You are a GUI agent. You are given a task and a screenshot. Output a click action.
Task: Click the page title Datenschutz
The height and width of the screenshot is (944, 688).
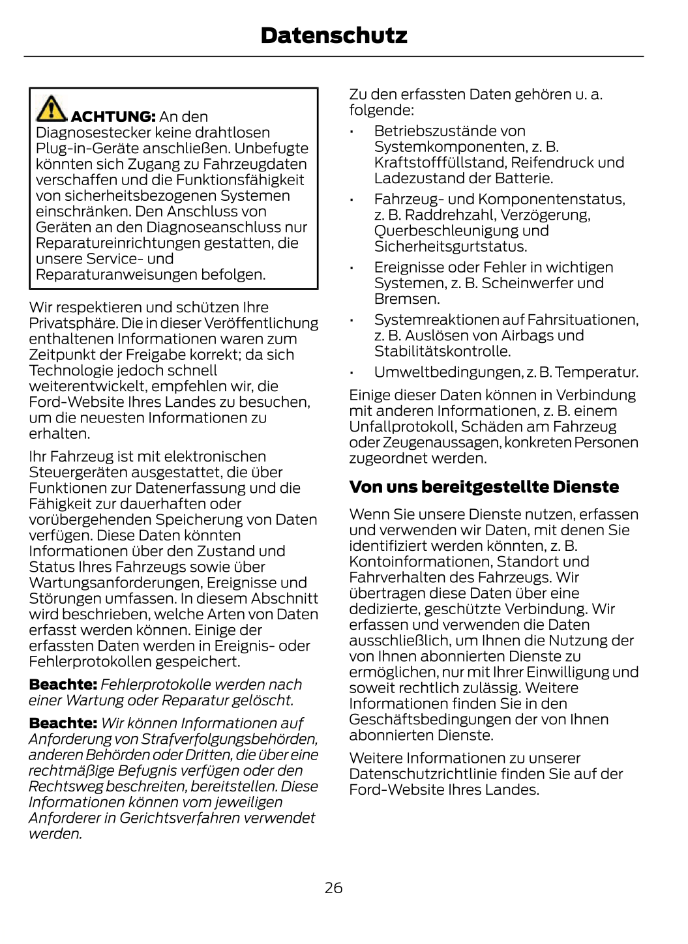(333, 35)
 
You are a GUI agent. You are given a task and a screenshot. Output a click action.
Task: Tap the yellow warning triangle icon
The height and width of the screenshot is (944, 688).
(51, 109)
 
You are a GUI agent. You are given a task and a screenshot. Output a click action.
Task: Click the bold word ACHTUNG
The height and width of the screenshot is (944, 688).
(112, 117)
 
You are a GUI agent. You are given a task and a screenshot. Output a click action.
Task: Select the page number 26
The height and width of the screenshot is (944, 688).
(333, 888)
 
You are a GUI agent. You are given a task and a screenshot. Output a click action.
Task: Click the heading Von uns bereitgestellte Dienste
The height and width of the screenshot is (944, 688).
(484, 487)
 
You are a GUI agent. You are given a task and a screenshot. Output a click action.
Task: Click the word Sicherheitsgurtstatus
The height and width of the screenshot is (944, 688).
(450, 247)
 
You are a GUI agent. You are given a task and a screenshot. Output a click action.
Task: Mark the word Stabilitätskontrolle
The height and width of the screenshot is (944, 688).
(441, 352)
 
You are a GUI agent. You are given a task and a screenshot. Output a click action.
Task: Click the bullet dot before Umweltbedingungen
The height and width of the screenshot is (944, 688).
(351, 374)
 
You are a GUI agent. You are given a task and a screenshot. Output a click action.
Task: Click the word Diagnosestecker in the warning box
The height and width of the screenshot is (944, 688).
(93, 133)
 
